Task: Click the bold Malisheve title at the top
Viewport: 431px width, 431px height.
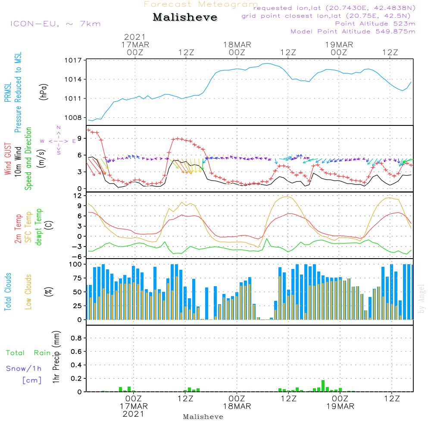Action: pyautogui.click(x=185, y=17)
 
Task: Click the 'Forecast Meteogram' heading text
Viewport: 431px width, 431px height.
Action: pyautogui.click(x=201, y=4)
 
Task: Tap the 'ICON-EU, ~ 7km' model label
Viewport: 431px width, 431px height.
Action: pyautogui.click(x=55, y=24)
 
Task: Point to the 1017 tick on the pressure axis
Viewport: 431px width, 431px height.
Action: pyautogui.click(x=74, y=60)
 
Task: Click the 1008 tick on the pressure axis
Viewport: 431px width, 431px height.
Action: pyautogui.click(x=74, y=117)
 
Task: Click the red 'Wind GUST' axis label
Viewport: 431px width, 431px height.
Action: pyautogui.click(x=8, y=159)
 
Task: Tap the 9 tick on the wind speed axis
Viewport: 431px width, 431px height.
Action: pyautogui.click(x=79, y=138)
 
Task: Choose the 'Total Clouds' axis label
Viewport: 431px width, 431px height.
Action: pyautogui.click(x=8, y=291)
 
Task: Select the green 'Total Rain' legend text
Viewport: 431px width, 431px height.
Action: pyautogui.click(x=28, y=353)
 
